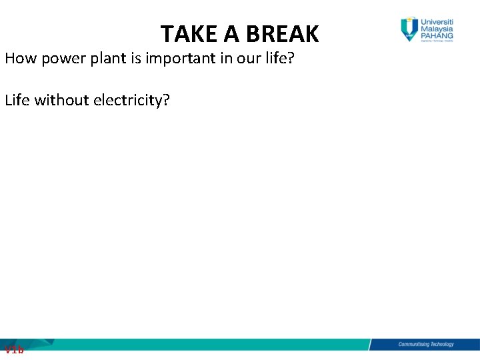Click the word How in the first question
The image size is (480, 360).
pos(19,58)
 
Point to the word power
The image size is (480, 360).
pos(59,59)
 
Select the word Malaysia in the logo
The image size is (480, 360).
pos(437,29)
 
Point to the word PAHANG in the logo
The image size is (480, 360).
pos(437,36)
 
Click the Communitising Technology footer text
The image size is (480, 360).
pos(425,344)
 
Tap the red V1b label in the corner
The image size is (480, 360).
pos(13,349)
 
